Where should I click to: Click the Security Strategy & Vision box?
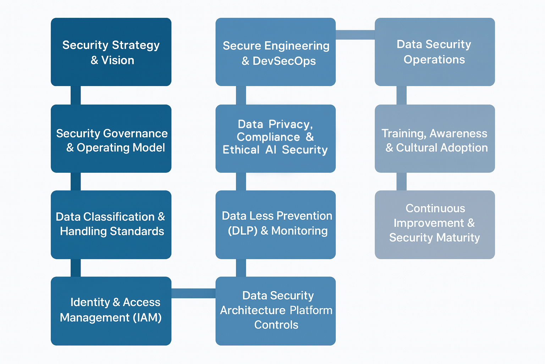pos(111,52)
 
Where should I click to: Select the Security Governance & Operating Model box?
pos(111,139)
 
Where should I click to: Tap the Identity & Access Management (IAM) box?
pos(111,311)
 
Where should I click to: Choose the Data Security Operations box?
pos(435,52)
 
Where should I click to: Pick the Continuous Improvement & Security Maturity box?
pos(435,225)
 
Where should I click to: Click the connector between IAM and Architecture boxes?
pos(193,293)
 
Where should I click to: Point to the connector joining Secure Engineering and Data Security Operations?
pos(355,34)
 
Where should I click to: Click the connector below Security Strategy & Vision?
pos(76,95)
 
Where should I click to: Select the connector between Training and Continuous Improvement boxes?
pos(401,182)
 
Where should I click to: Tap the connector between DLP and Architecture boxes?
pos(241,268)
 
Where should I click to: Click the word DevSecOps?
pos(284,61)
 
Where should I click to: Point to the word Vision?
pos(118,60)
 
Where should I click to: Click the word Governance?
pos(135,133)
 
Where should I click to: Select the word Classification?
pos(119,217)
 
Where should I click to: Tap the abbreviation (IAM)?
pos(148,318)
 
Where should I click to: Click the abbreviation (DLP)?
pos(243,231)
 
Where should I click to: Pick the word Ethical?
pos(241,150)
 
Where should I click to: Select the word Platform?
pos(311,310)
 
